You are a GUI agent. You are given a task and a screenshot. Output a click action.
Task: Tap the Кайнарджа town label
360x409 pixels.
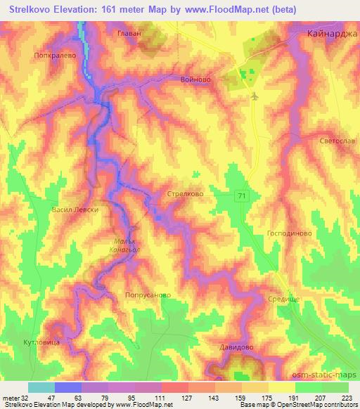333,33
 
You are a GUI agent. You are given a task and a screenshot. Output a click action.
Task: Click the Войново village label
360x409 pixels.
196,81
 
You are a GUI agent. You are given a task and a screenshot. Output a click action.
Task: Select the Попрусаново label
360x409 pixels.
147,296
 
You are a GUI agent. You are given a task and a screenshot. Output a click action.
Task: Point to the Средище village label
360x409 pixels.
284,299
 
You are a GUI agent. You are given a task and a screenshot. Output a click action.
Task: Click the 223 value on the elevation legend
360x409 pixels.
347,398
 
